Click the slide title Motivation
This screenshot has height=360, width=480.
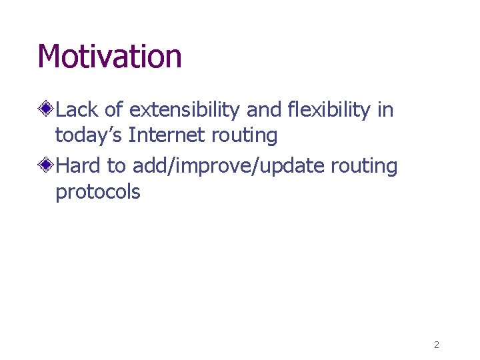(x=109, y=56)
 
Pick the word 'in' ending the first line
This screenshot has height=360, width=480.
(x=385, y=109)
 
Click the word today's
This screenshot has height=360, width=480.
(x=89, y=136)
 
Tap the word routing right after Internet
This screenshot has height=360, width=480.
(x=244, y=136)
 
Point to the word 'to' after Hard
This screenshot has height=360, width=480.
(x=118, y=165)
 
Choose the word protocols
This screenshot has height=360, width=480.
(x=98, y=193)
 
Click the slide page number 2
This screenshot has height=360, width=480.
(x=436, y=345)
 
